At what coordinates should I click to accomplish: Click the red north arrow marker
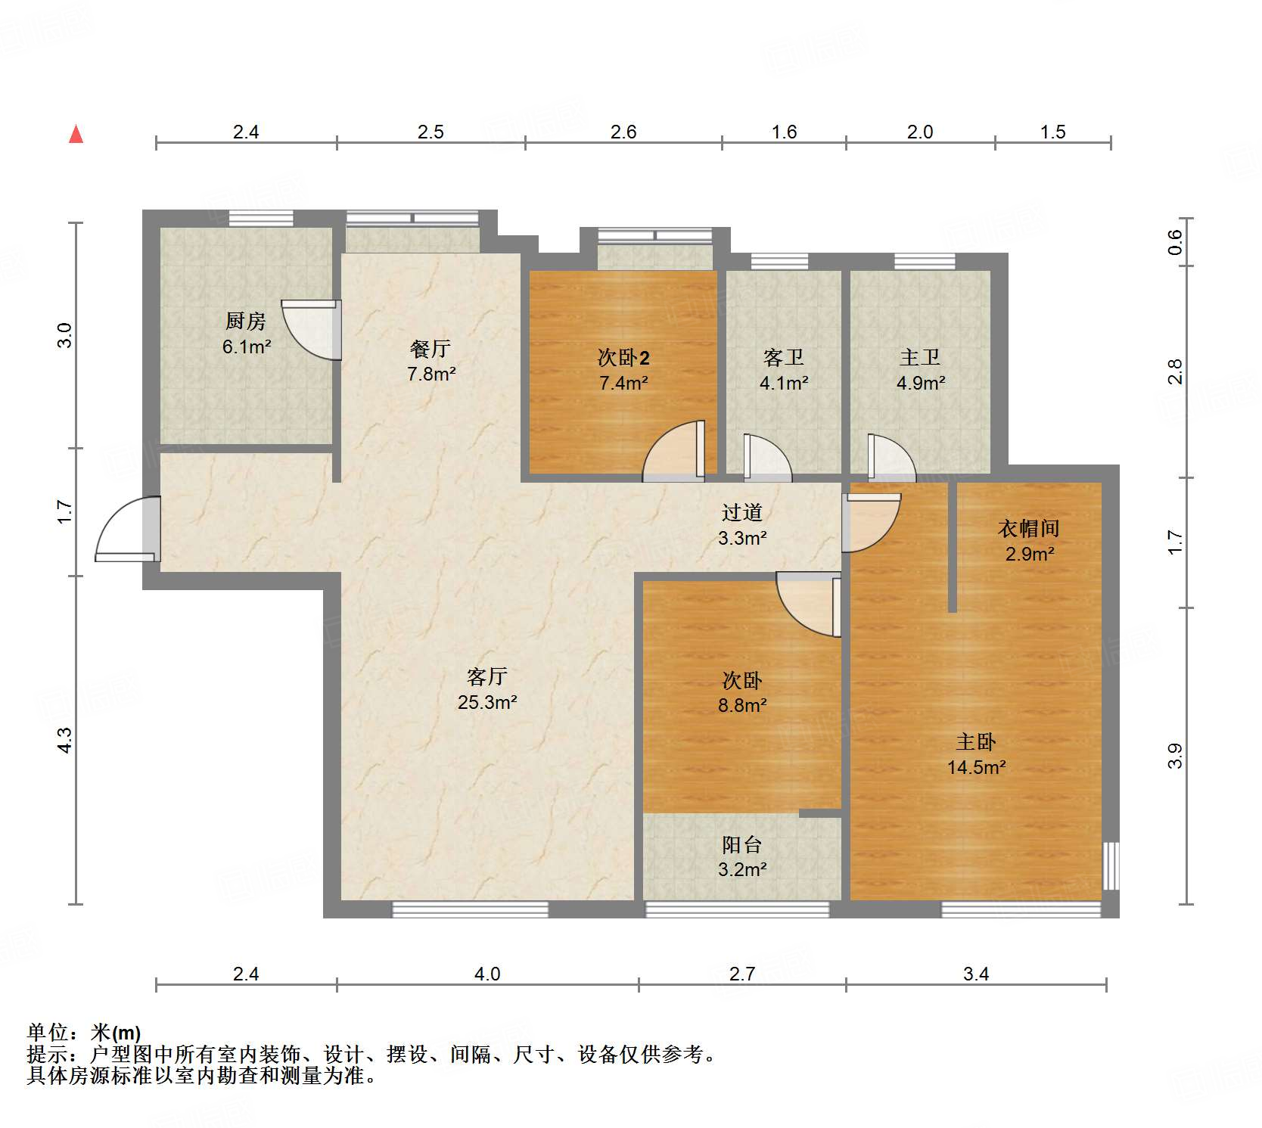[76, 135]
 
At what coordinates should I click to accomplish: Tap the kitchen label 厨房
[246, 322]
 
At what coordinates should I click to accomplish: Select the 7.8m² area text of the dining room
[431, 374]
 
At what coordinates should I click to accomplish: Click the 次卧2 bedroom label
[623, 357]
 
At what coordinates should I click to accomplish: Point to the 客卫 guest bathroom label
[783, 357]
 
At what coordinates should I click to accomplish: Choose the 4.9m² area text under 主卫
[921, 383]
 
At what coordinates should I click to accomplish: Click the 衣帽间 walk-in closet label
[1029, 528]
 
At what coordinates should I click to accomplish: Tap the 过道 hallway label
[741, 513]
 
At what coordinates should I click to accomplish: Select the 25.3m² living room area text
[487, 702]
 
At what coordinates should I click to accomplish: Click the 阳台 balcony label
[741, 844]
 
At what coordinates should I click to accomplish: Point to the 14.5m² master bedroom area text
[976, 767]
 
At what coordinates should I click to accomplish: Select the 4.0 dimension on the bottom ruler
[487, 974]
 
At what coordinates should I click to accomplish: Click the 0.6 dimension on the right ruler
[1174, 242]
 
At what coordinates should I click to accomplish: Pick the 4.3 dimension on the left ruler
[65, 740]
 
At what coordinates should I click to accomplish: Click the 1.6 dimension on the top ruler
[784, 132]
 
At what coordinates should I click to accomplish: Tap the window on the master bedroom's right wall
[1111, 865]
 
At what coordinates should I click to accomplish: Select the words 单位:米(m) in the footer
[83, 1032]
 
